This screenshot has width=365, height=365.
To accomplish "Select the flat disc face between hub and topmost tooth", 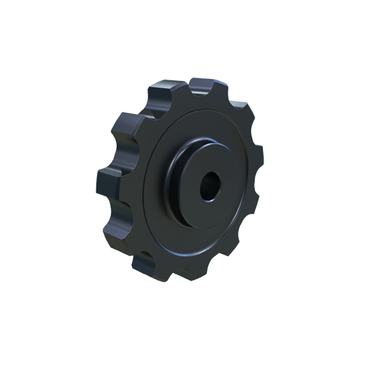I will tap(201, 117).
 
